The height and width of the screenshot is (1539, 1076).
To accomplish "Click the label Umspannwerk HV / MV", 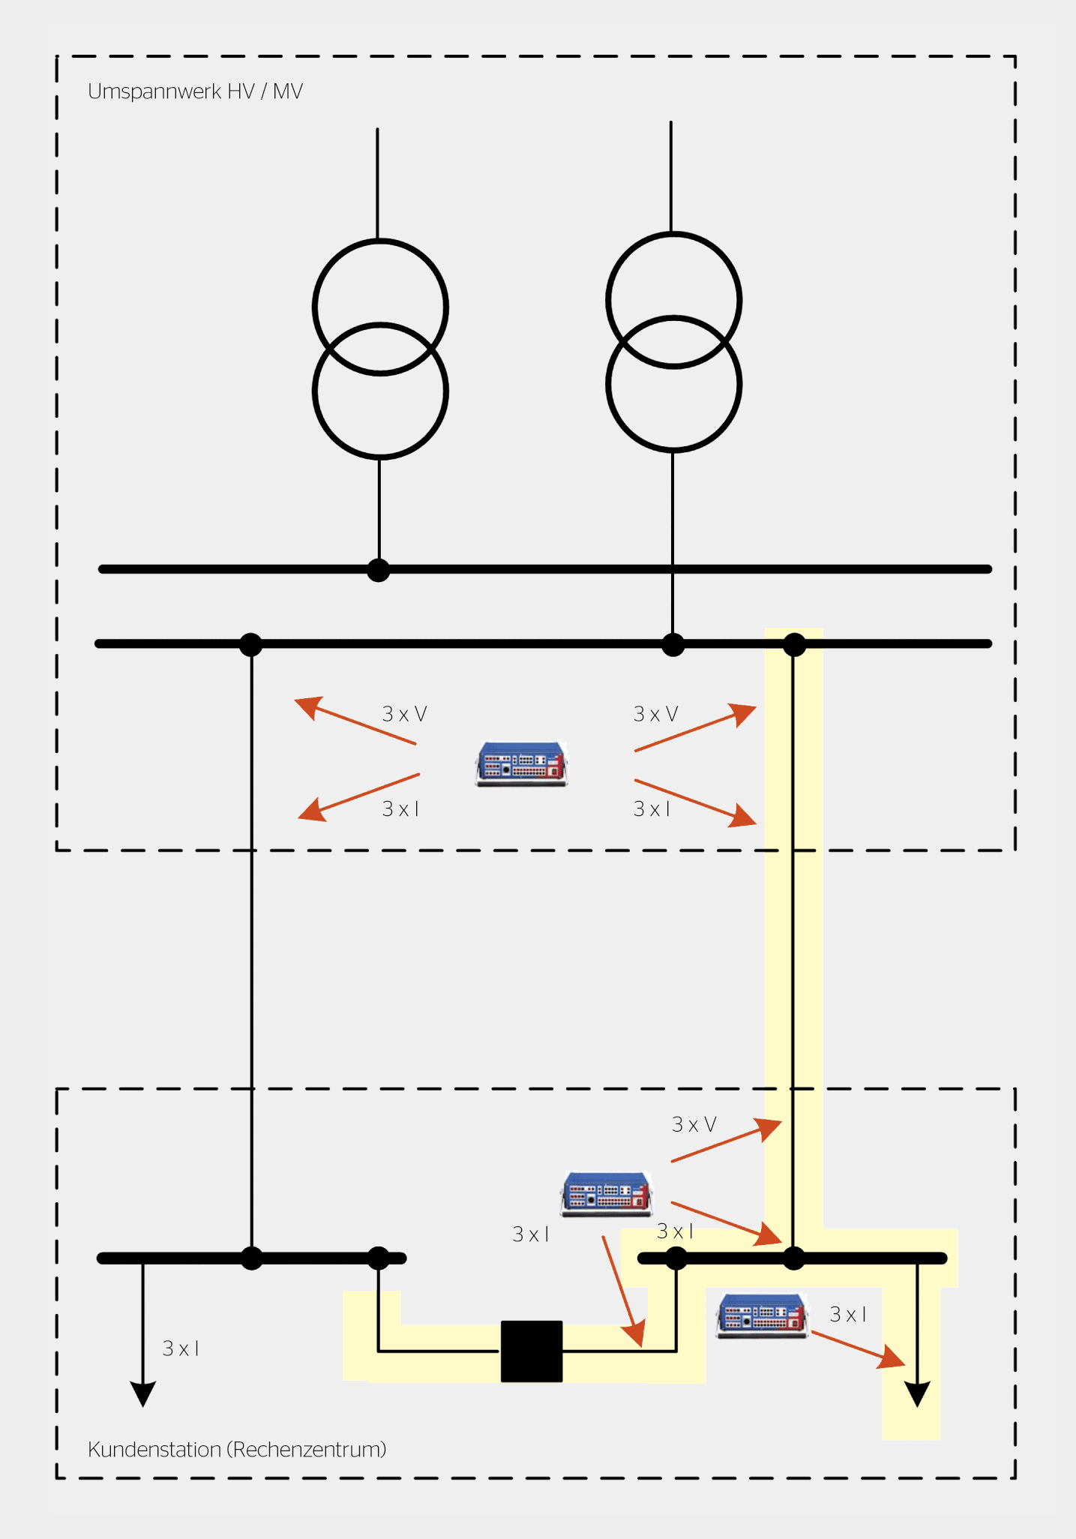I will point(195,91).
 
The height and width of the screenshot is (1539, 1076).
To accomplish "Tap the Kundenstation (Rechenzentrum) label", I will point(237,1449).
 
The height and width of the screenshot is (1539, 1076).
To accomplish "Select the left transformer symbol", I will point(380,349).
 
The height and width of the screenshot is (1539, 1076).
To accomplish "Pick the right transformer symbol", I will point(673,342).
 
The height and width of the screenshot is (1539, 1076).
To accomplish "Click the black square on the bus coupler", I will point(532,1351).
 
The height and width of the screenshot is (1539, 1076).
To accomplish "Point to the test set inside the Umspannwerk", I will point(522,763).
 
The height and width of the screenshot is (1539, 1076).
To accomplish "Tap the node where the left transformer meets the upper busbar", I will point(379,570).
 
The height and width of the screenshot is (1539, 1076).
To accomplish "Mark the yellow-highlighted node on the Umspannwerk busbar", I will point(794,644).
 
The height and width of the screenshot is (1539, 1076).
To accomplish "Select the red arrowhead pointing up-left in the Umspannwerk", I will point(307,706).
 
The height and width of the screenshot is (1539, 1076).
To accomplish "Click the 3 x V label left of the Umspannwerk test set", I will point(404,714).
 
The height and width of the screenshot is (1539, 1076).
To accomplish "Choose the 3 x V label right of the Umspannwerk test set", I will point(655,714).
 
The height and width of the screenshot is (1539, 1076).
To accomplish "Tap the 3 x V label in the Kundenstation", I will point(694,1124).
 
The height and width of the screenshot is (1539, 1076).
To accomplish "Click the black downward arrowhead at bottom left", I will point(143,1393).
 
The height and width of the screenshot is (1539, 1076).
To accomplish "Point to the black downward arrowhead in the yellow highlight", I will point(917,1393).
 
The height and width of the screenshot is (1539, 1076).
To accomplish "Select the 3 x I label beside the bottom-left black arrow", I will point(181,1348).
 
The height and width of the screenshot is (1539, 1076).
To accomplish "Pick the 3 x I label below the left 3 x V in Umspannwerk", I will point(400,808).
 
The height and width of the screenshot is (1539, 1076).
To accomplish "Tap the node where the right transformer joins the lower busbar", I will point(673,644).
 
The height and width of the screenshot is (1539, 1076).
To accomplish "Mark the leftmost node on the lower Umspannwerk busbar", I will point(250,644).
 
